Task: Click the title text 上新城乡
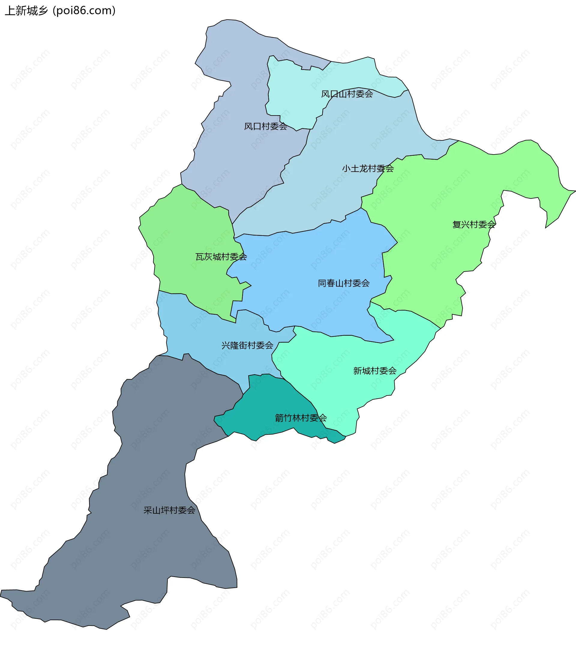[26, 11]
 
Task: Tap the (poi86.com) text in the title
[84, 11]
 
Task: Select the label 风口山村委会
[347, 94]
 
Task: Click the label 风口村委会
[265, 126]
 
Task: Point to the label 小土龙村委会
[368, 169]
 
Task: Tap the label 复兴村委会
[474, 224]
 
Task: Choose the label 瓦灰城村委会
[221, 257]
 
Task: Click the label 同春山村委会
[343, 283]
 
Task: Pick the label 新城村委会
[375, 371]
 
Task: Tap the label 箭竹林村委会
[301, 418]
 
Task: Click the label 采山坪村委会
[169, 510]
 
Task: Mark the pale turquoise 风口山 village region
[295, 95]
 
